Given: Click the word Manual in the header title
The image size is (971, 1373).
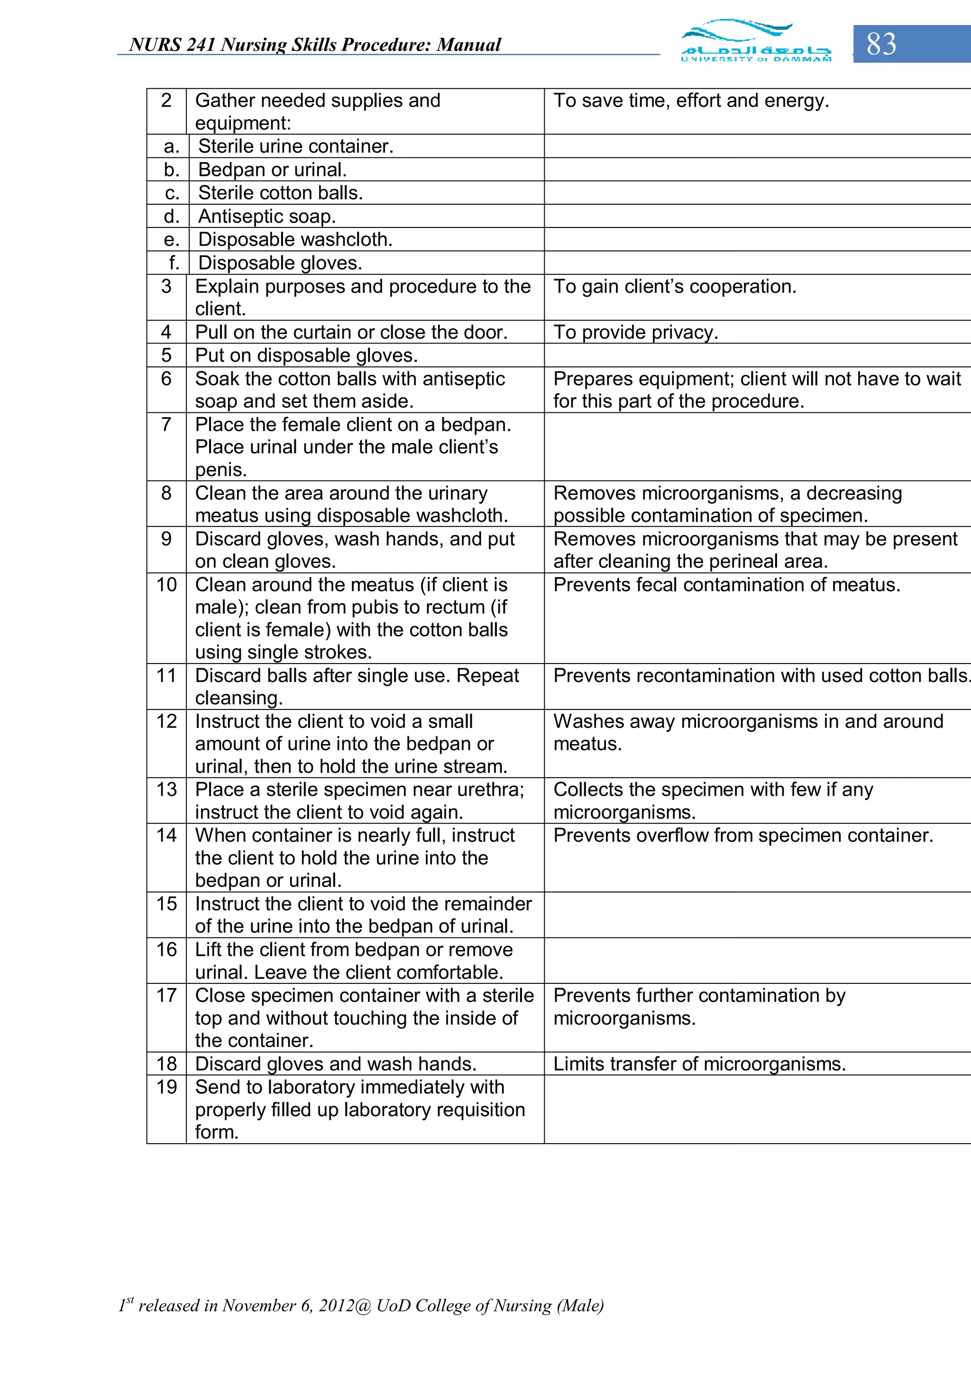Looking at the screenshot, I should [x=468, y=45].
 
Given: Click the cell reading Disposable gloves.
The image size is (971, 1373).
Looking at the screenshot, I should [x=280, y=263].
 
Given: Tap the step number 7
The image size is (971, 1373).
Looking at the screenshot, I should [x=166, y=425].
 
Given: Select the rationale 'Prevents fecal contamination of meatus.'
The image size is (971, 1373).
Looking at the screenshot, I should [x=726, y=585].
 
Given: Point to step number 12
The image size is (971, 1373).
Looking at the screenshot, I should [x=166, y=722].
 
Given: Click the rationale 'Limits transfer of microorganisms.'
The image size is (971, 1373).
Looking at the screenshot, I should [x=699, y=1064].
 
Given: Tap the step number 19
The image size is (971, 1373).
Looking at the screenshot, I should [x=166, y=1087].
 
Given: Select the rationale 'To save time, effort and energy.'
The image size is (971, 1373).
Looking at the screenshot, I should [x=691, y=100].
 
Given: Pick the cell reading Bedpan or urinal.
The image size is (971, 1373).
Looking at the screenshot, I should [x=272, y=170].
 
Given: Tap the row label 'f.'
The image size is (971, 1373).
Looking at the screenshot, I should [x=174, y=263].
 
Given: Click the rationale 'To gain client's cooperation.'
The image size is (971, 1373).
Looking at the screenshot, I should [x=675, y=286].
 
